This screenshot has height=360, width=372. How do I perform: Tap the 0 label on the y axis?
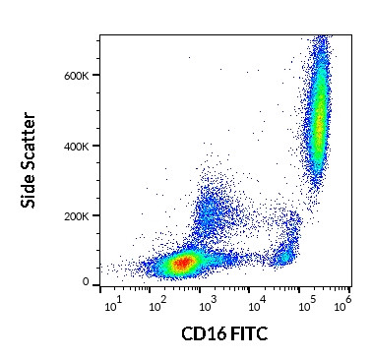click(87, 283)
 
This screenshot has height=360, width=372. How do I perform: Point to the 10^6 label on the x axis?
click(344, 306)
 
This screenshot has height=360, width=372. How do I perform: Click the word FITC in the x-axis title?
click(247, 335)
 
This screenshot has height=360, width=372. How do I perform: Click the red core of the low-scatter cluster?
click(182, 264)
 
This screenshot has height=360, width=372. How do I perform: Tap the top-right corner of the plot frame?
click(348, 35)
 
